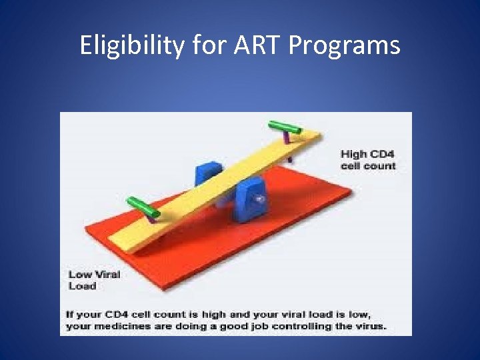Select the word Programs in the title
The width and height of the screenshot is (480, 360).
[347, 45]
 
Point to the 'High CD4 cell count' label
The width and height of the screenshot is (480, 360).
[367, 160]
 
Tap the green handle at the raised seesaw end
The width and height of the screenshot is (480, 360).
[285, 127]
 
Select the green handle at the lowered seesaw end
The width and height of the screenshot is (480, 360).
[143, 205]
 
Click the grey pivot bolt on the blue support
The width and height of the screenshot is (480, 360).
[259, 198]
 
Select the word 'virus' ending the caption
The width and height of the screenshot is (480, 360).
[370, 327]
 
